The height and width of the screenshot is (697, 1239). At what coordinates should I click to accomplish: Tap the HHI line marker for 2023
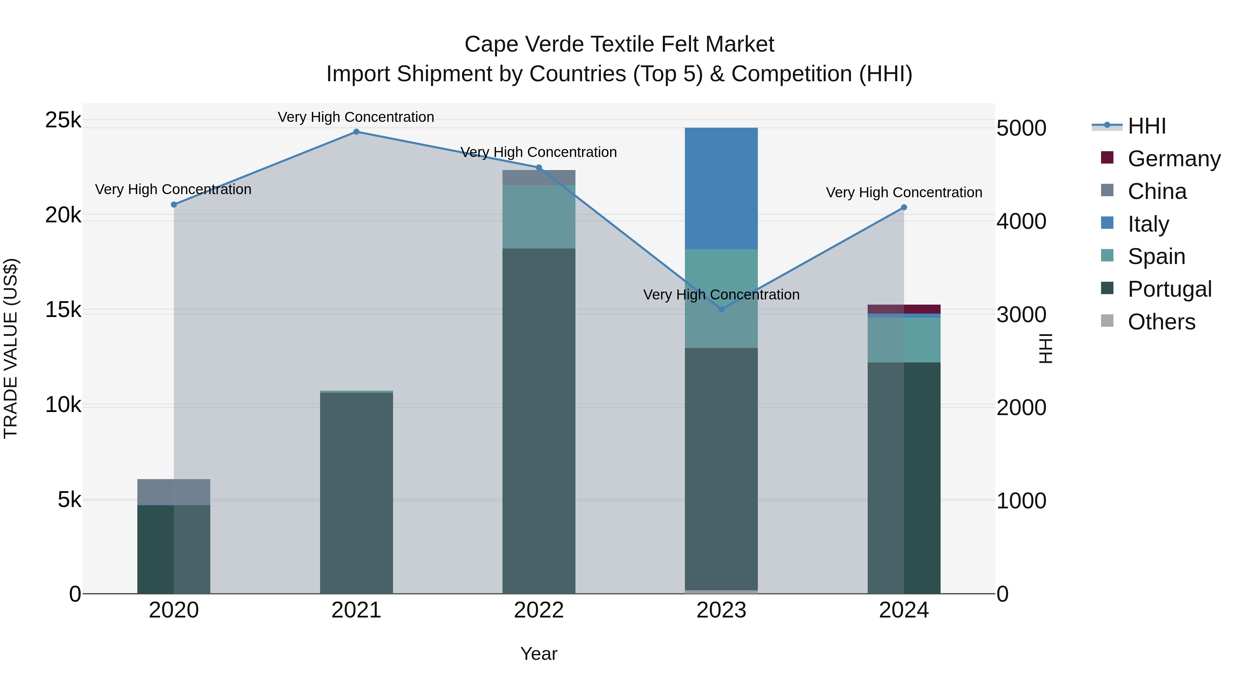point(721,309)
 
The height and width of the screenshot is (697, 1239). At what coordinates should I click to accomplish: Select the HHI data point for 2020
point(174,204)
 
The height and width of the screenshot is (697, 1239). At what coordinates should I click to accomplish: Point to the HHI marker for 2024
point(904,207)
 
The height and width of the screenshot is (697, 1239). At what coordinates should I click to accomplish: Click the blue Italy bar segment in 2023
point(721,188)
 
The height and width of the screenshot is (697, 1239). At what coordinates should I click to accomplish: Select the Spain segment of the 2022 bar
point(539,217)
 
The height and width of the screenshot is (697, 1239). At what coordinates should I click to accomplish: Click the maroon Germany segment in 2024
point(904,309)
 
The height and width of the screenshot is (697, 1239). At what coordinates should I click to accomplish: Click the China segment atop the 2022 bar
point(539,178)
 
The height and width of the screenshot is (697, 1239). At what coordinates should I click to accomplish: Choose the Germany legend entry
point(1174,159)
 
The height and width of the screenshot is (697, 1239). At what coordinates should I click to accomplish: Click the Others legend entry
point(1161,322)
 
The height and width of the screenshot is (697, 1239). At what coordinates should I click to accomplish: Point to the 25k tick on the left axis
point(63,120)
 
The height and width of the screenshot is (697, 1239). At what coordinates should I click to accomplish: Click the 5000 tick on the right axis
point(1021,128)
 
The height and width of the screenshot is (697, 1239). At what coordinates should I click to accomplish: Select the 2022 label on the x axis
point(539,610)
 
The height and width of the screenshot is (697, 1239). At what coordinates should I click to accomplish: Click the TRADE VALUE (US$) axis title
point(11,348)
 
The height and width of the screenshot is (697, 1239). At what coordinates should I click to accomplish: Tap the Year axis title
point(539,654)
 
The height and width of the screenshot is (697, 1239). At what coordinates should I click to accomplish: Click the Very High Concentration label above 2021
point(356,117)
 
